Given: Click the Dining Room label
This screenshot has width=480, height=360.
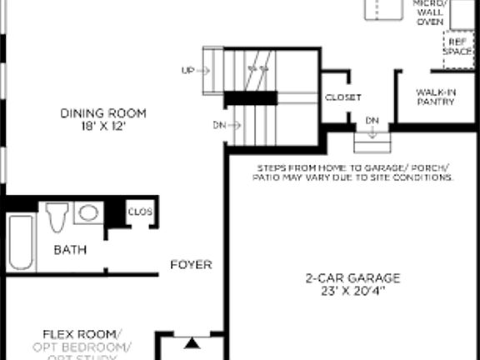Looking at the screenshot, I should pos(102,113).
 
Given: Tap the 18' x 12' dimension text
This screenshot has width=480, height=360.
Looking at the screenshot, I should pos(102,127).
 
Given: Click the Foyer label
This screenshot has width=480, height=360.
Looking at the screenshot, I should pos(191,265).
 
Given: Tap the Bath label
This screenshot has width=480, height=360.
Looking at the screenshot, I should pos(70,249).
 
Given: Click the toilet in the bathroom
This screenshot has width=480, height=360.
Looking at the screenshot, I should pos(57,217).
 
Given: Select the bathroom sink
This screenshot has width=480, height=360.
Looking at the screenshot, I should pos(87,213).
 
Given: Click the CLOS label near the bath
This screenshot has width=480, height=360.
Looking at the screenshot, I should pos(140,212).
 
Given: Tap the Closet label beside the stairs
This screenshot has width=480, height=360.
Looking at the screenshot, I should pos(342,97).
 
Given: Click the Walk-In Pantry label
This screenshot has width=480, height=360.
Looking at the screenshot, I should pos(436,97).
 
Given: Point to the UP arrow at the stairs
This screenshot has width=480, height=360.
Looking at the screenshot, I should pos(188,71).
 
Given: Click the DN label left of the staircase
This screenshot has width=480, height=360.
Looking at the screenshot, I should pos(220,125).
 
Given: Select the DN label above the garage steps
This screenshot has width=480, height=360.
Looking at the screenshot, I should pos(372,122).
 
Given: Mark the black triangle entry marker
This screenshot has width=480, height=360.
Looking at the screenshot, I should pos(192,342).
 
